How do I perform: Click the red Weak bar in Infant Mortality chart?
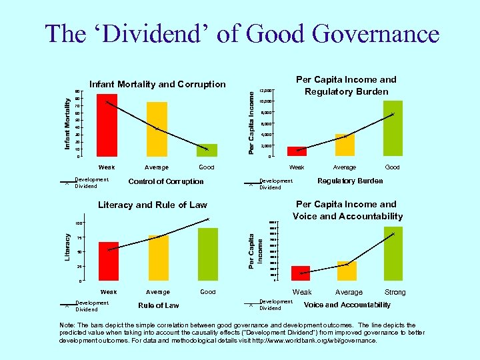point(107,125)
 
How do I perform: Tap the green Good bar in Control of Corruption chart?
point(207,150)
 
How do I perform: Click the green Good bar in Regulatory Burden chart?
point(393,128)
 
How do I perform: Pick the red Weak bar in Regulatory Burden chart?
point(297,151)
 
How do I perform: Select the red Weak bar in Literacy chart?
point(108,261)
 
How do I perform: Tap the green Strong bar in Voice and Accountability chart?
point(393,253)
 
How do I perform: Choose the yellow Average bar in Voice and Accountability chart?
point(347,271)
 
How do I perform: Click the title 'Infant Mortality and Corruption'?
point(157,84)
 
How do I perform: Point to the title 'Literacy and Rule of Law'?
point(153,205)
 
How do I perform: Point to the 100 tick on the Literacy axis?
point(79,223)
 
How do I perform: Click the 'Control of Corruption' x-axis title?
point(166,181)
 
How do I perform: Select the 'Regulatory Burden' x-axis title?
point(350,181)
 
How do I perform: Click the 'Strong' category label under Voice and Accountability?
point(395,292)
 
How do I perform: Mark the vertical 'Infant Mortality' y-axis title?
point(68,123)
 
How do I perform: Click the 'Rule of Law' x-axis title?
point(159,305)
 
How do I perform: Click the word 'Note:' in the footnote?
point(68,325)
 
